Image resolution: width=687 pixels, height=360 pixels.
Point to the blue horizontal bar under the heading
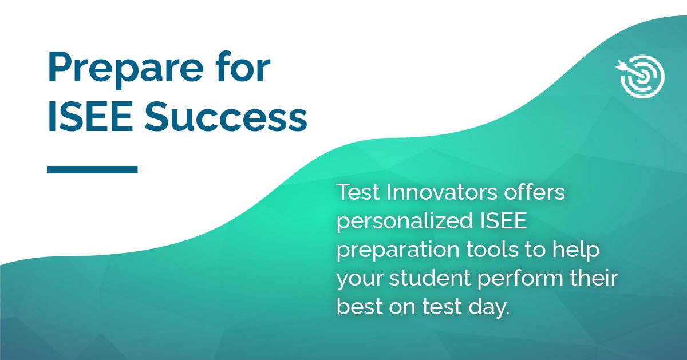92,169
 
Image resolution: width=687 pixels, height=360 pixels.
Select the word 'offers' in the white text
535,193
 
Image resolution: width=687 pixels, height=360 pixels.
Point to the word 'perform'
530,279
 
